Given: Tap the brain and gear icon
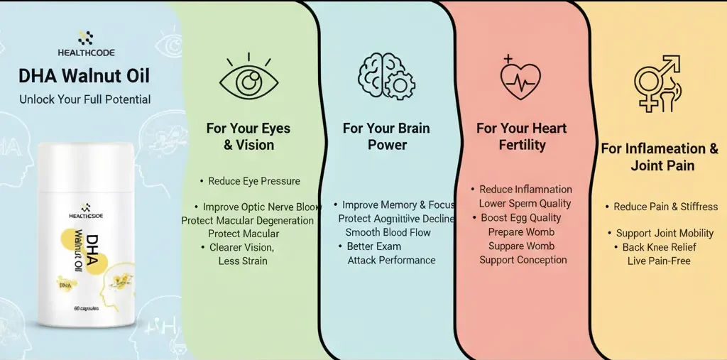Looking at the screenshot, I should point(386,76).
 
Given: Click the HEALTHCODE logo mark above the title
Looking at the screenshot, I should point(85,38).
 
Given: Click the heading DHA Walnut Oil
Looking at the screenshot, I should point(84,75).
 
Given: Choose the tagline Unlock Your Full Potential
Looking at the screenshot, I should point(84,99).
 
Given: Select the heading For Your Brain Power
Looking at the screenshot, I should point(386,136).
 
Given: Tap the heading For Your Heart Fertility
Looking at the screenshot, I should point(521,136).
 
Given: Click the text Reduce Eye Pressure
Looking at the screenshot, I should point(253,181).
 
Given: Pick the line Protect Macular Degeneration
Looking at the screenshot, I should point(248,220).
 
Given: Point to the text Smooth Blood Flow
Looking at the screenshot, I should point(388,232).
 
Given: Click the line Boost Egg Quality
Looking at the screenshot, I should point(520,218).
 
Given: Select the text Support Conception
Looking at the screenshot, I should point(523,260).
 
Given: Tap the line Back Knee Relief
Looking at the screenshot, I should point(659,247).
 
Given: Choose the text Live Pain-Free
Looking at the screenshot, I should point(659,261).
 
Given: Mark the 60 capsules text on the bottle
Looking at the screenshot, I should point(86,309).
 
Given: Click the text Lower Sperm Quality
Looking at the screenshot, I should point(525,204).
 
